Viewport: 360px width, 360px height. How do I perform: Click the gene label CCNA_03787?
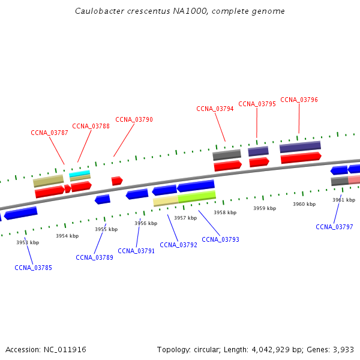click(x=49, y=133)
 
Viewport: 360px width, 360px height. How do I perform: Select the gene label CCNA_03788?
click(x=91, y=126)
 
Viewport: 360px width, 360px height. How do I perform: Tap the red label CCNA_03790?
click(x=134, y=119)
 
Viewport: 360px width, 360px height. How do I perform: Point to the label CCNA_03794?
click(x=215, y=109)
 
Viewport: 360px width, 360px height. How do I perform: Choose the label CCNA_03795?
click(x=257, y=104)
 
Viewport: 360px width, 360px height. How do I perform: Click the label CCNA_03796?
click(x=299, y=100)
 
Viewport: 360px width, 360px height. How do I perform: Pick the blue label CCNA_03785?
click(x=33, y=268)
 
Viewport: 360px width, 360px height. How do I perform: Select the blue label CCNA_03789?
click(x=94, y=257)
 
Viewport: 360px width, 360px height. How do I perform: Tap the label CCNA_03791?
click(x=136, y=251)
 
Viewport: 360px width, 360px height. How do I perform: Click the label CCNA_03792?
click(x=178, y=245)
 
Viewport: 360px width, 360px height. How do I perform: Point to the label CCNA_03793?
click(x=220, y=239)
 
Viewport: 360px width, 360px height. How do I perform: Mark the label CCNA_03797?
click(x=334, y=227)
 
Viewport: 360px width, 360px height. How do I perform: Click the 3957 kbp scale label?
click(x=185, y=218)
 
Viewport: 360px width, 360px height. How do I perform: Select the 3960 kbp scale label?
click(x=304, y=204)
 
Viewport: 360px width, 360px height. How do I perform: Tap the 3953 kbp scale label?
click(x=28, y=242)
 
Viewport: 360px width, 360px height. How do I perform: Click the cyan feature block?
click(x=80, y=173)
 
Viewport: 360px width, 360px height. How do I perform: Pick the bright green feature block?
click(x=197, y=196)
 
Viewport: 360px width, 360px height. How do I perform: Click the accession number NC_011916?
click(x=65, y=349)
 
